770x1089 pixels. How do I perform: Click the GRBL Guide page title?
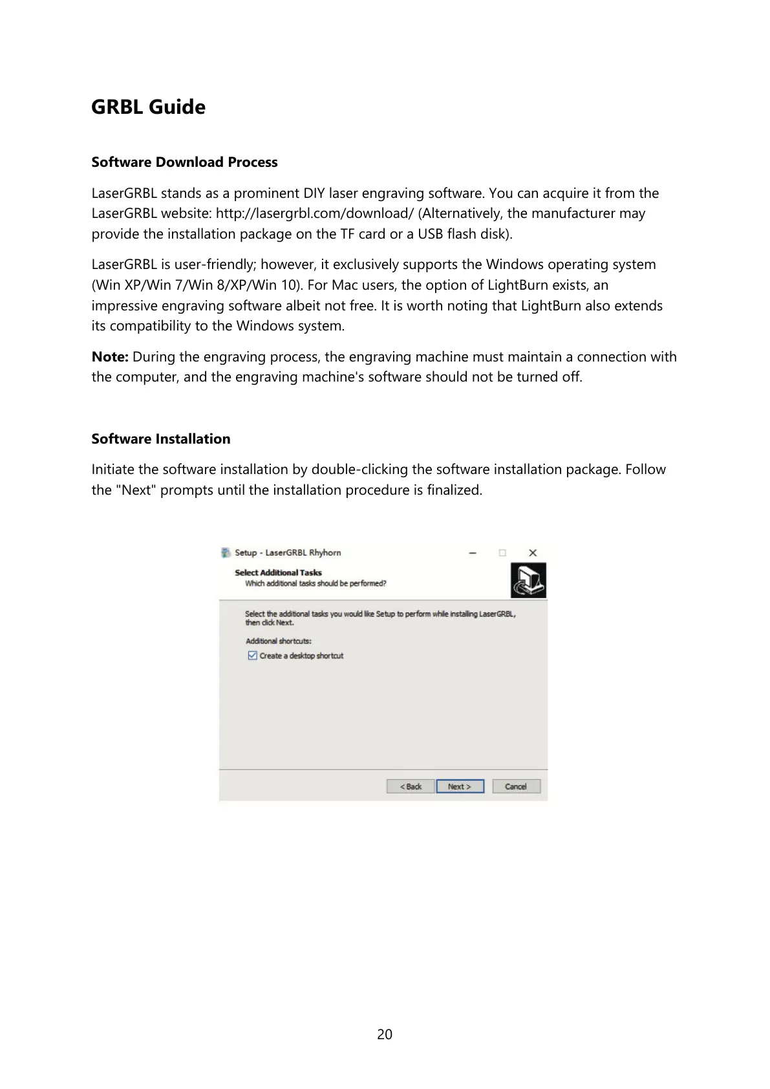click(148, 107)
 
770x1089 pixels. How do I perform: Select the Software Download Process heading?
click(184, 162)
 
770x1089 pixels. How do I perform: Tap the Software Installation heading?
click(160, 438)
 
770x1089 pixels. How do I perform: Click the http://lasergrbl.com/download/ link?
click(314, 213)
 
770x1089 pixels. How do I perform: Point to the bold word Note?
click(110, 357)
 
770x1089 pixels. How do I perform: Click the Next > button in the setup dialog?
click(460, 786)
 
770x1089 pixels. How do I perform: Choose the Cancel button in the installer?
click(516, 786)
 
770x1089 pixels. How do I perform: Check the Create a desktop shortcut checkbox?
click(253, 656)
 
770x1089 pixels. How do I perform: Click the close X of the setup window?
click(533, 553)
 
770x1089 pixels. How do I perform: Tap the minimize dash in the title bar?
click(473, 553)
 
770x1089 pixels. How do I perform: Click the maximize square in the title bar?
click(502, 553)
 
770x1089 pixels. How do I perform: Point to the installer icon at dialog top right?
click(528, 580)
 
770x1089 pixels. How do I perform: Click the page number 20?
click(385, 1034)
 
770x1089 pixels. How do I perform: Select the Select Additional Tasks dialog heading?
click(278, 572)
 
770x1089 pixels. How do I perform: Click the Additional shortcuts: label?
click(278, 641)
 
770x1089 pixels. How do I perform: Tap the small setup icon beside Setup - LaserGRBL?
click(226, 553)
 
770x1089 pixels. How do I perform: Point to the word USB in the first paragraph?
click(430, 234)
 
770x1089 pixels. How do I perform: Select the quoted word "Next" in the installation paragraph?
click(136, 490)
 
